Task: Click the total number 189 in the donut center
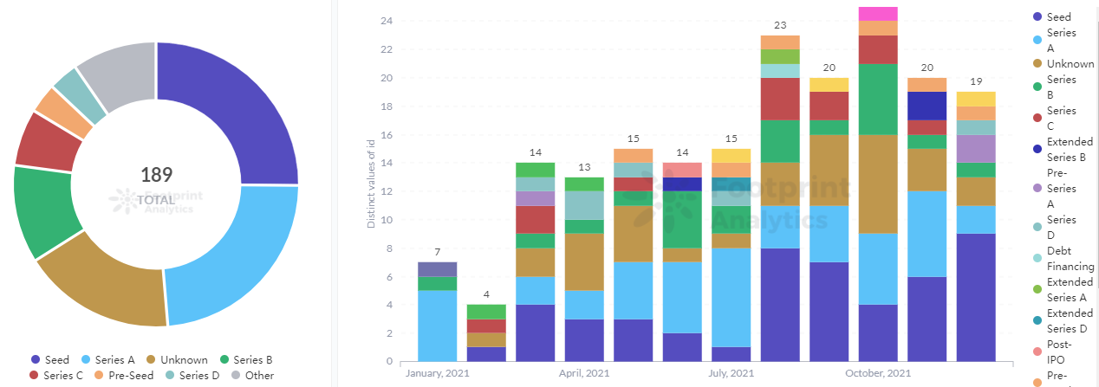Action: click(x=156, y=174)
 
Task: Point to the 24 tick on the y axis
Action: click(x=387, y=21)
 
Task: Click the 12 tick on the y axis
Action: click(x=387, y=191)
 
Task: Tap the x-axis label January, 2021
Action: click(x=437, y=374)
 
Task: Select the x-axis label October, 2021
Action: click(x=878, y=374)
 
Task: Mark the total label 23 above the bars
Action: click(x=779, y=26)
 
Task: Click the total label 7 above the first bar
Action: click(x=437, y=252)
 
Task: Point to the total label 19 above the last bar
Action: click(x=976, y=82)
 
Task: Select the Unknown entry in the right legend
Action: click(x=1070, y=63)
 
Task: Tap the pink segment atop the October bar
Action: click(x=878, y=13)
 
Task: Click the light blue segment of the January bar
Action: click(x=437, y=326)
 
